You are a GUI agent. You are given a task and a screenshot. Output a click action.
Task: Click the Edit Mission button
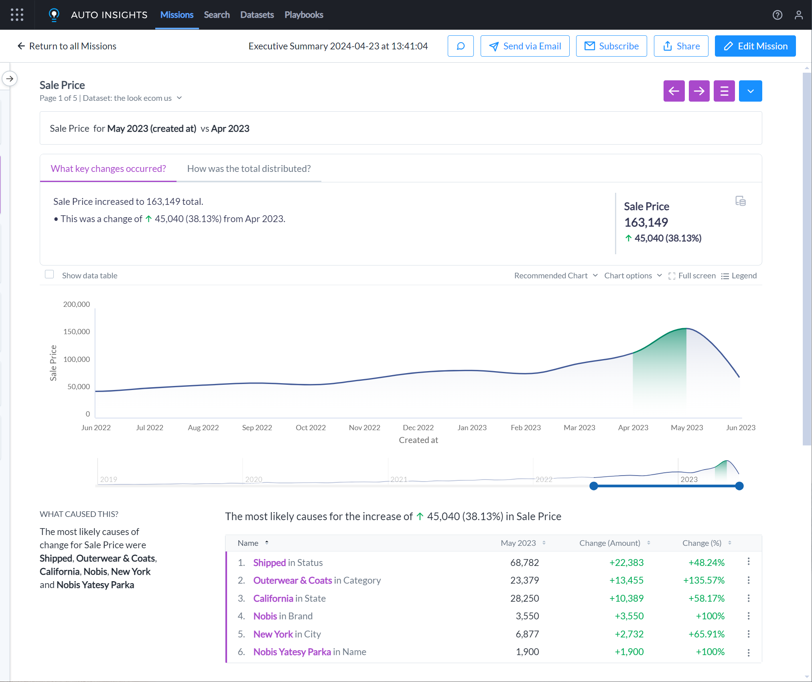click(755, 46)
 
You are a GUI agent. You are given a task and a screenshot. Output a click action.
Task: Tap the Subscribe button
click(611, 46)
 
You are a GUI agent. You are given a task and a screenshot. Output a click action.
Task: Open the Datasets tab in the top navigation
click(257, 15)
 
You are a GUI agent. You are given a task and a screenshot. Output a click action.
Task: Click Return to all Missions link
click(67, 46)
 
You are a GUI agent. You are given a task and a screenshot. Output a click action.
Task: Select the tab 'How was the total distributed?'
click(249, 169)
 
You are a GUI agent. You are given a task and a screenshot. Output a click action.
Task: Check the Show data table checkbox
click(49, 274)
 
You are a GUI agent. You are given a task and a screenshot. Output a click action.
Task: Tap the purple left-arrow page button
click(674, 91)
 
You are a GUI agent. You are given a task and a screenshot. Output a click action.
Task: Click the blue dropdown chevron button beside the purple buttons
click(750, 91)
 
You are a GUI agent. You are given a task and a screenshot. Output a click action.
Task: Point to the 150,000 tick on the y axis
click(76, 331)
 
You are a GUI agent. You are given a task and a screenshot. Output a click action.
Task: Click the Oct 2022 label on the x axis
click(311, 427)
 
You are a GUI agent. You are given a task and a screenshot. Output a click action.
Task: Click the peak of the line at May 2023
click(686, 329)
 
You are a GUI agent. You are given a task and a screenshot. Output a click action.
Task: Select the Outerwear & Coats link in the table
click(292, 580)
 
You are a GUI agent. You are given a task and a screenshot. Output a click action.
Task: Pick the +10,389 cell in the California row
click(626, 598)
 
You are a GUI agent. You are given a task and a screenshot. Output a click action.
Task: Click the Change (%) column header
click(702, 543)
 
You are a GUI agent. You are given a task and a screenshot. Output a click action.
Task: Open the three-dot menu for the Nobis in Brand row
click(749, 616)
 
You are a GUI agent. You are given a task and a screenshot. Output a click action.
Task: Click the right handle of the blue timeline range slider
click(739, 486)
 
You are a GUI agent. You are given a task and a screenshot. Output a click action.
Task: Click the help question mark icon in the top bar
click(777, 15)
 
